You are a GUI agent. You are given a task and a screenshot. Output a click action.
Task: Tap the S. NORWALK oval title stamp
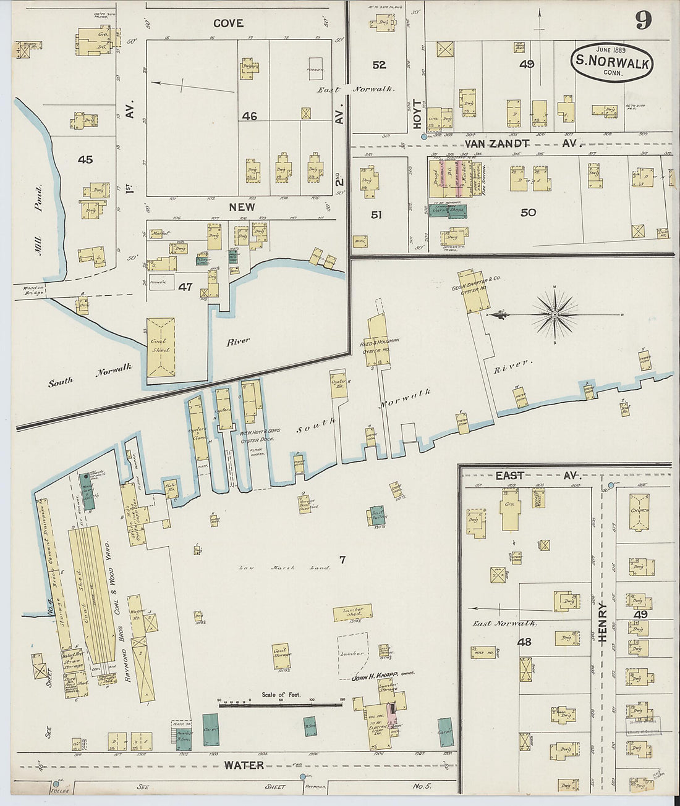tap(612, 62)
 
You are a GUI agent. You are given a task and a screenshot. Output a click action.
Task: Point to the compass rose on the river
tap(555, 314)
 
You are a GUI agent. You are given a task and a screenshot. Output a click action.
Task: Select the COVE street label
tap(228, 23)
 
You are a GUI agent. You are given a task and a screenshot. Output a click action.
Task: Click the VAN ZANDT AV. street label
tap(520, 143)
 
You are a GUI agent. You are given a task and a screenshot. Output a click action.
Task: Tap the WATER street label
tap(244, 765)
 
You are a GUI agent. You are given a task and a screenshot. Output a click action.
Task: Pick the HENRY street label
tap(603, 623)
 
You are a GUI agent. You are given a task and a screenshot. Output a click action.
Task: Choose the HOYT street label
tap(416, 115)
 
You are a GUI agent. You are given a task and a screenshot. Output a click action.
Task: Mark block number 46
tap(250, 115)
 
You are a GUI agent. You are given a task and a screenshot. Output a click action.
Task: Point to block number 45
tap(85, 159)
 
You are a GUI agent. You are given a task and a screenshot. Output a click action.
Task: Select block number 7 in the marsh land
tap(342, 560)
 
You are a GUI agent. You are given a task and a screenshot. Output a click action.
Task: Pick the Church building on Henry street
tap(639, 511)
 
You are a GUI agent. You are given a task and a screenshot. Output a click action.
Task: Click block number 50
tap(528, 212)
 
